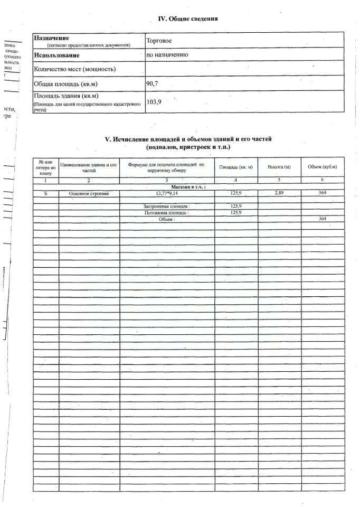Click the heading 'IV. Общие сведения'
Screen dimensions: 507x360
[x=188, y=19]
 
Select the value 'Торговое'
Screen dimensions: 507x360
[x=160, y=40]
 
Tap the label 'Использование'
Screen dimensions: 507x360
[x=56, y=55]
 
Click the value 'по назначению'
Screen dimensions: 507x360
[x=167, y=54]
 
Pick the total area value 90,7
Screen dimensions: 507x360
[x=153, y=83]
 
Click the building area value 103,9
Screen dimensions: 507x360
[x=154, y=102]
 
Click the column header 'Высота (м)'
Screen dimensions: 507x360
[x=279, y=167]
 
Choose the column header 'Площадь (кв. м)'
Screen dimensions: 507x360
[x=236, y=167]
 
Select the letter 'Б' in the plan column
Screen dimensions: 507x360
[x=46, y=193]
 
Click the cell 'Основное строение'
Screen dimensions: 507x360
[x=89, y=193]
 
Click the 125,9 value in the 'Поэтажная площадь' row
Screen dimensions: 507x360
[x=236, y=212]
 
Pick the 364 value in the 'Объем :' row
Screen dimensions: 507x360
[x=323, y=219]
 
